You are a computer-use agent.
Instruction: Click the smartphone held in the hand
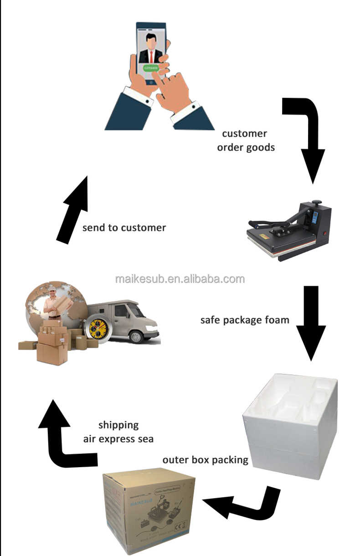[x=150, y=52]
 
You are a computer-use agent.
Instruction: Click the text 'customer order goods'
[x=246, y=140]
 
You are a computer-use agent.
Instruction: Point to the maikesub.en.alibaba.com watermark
[x=180, y=279]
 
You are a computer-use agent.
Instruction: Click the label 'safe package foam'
[x=245, y=319]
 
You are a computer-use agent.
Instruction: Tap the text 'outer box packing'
[x=205, y=459]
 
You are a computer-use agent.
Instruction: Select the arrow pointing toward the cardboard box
[x=242, y=504]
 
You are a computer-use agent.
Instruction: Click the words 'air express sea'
[x=118, y=439]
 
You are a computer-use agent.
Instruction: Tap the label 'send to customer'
[x=124, y=227]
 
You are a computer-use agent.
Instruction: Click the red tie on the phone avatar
[x=151, y=56]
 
